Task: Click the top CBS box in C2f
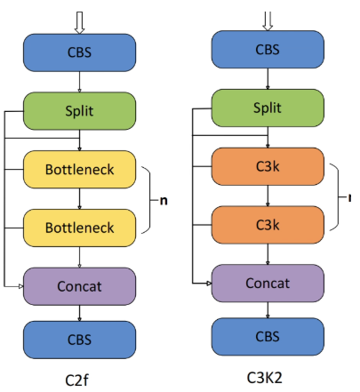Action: (x=79, y=52)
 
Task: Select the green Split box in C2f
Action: (x=79, y=111)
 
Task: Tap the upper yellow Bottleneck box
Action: (x=79, y=169)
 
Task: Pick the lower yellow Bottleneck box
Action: (x=79, y=228)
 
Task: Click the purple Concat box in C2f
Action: (x=79, y=286)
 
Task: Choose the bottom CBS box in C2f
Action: (x=79, y=340)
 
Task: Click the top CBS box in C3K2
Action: (x=268, y=50)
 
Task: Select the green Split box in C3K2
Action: (x=268, y=108)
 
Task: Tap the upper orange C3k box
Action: (x=268, y=166)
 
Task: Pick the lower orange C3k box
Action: (x=268, y=225)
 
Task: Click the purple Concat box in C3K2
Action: (x=268, y=284)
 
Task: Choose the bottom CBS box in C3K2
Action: (x=268, y=337)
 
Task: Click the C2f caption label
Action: (x=76, y=380)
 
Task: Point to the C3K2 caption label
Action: (x=265, y=378)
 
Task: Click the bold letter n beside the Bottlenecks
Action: (x=164, y=201)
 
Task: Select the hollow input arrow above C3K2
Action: (x=268, y=20)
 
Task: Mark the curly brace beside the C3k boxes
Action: (x=338, y=196)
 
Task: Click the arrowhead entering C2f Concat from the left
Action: (x=21, y=286)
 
